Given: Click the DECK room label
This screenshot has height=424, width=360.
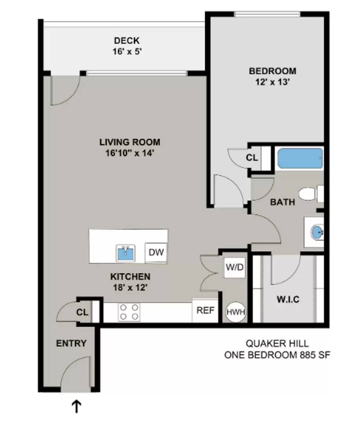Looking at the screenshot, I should [x=126, y=40].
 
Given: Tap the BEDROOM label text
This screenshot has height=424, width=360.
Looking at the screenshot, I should [x=272, y=71].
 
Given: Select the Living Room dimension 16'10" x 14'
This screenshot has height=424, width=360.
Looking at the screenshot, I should [x=130, y=153].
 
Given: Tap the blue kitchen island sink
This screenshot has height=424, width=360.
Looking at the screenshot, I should [x=126, y=253].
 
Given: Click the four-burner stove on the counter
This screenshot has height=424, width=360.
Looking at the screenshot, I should [x=129, y=312].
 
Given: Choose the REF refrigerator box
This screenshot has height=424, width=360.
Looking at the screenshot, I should [x=205, y=311].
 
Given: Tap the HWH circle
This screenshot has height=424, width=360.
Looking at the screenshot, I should [x=236, y=313].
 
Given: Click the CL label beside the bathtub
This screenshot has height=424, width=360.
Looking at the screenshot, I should [x=252, y=158].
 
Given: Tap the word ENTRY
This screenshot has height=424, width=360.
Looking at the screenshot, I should [x=71, y=344].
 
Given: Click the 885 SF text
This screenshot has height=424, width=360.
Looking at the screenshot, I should [x=314, y=355].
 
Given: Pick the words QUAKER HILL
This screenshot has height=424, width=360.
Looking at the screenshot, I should [x=277, y=344].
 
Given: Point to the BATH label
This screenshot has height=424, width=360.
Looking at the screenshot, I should [x=282, y=203].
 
